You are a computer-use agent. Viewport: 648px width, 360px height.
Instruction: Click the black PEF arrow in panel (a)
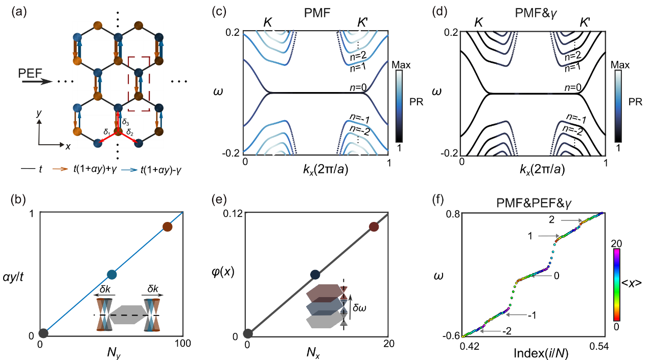pos(37,82)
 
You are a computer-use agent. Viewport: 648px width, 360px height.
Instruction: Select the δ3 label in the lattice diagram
pos(125,122)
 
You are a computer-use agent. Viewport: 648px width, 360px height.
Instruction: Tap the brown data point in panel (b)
pos(167,227)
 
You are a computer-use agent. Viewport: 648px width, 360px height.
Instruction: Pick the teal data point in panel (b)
pos(112,275)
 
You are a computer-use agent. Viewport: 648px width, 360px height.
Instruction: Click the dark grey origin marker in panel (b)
pos(43,333)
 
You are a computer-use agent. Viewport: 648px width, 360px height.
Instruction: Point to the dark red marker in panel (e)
pos(374,227)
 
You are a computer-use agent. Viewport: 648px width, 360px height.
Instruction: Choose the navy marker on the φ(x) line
pos(315,275)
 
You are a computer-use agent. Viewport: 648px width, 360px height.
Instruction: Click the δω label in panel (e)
pos(359,307)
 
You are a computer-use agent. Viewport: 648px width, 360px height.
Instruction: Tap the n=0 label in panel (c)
pos(358,87)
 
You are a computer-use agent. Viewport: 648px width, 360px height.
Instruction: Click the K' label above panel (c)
pos(362,22)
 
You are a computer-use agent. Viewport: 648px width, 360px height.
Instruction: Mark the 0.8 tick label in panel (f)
pos(453,214)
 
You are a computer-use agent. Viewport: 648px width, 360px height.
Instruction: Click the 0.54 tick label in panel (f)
pos(599,346)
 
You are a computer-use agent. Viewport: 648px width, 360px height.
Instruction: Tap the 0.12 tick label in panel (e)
pos(233,214)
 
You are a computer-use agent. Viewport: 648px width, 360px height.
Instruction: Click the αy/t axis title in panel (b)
pos(13,277)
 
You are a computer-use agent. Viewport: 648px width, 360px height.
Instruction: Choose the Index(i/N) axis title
pos(541,353)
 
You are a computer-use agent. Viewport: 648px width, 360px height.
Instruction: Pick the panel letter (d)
pos(439,12)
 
